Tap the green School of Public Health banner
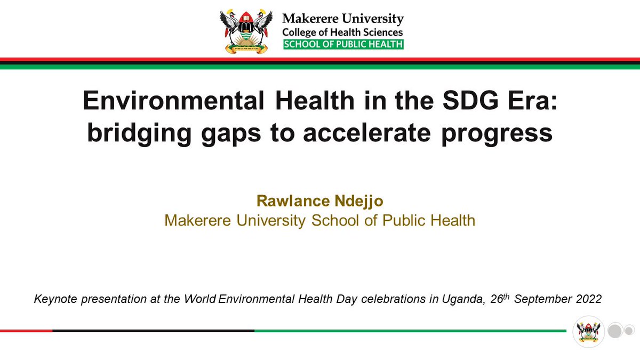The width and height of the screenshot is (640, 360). (343, 44)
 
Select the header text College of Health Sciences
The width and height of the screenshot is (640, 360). (342, 32)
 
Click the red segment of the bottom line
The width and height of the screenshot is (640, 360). (26, 331)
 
